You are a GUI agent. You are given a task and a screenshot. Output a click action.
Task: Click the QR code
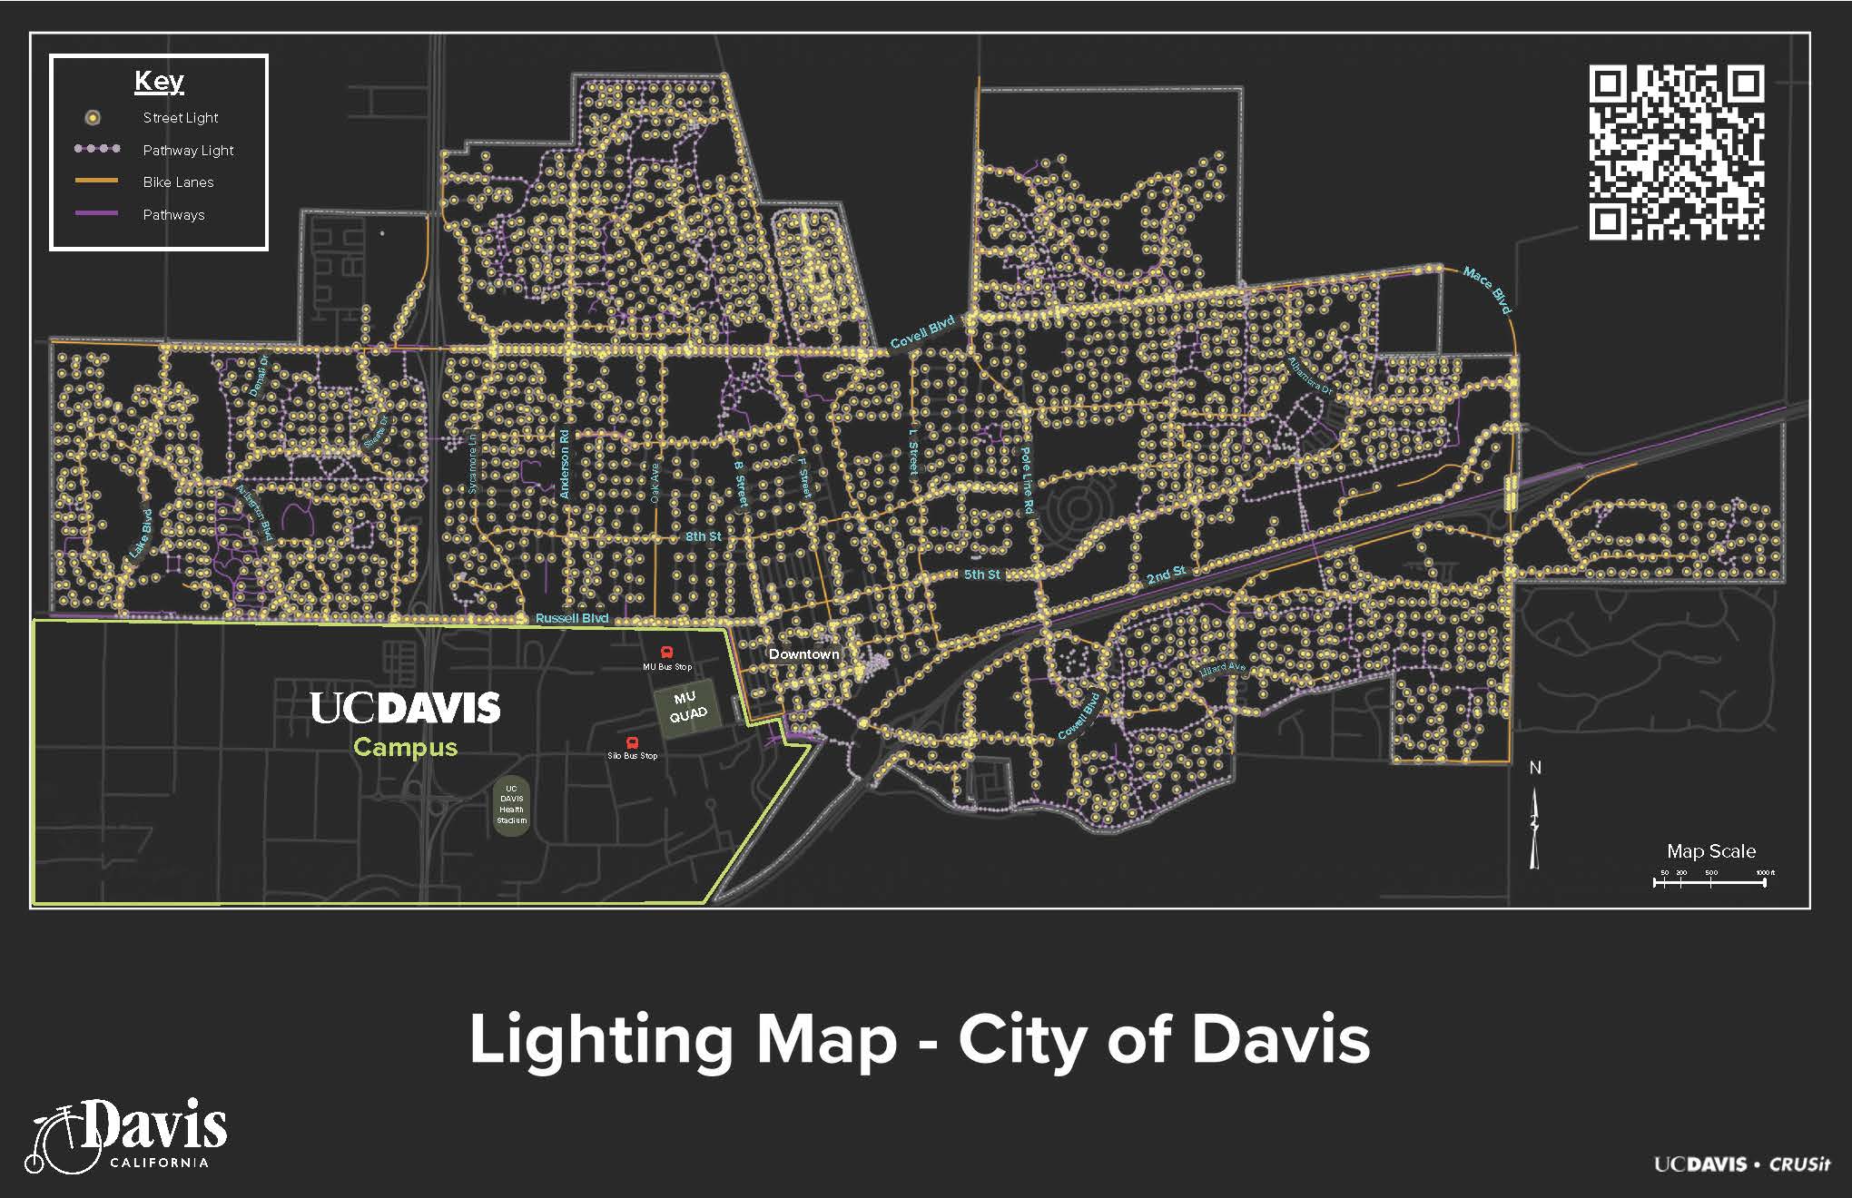[x=1676, y=152]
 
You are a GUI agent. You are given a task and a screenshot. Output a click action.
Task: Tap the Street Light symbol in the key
[x=93, y=118]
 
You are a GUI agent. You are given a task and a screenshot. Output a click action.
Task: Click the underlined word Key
[x=159, y=82]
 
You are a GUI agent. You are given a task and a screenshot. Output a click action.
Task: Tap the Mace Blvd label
[x=1487, y=290]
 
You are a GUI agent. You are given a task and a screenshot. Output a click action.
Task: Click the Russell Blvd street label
[x=572, y=618]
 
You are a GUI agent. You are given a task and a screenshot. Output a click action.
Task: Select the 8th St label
[x=703, y=536]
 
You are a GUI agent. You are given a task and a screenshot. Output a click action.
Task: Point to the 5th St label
[x=981, y=574]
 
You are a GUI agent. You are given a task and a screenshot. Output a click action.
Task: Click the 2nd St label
[x=1166, y=574]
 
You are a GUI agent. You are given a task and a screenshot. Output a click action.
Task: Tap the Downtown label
[x=803, y=653]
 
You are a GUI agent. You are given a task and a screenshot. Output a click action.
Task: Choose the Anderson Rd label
[x=565, y=463]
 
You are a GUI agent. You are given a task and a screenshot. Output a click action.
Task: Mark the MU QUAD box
[x=687, y=706]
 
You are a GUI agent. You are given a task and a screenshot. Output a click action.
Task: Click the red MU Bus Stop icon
[x=667, y=653]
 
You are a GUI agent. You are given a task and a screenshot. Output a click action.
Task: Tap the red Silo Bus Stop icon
[x=633, y=743]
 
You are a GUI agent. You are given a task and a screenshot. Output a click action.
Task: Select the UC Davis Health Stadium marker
[x=511, y=803]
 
